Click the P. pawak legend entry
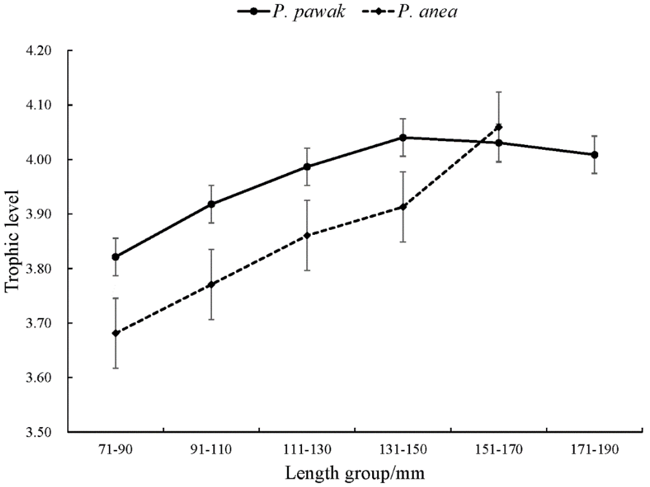[x=291, y=12]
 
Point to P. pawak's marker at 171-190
[x=594, y=155]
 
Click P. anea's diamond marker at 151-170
[x=499, y=127]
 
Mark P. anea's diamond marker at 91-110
[x=211, y=285]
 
